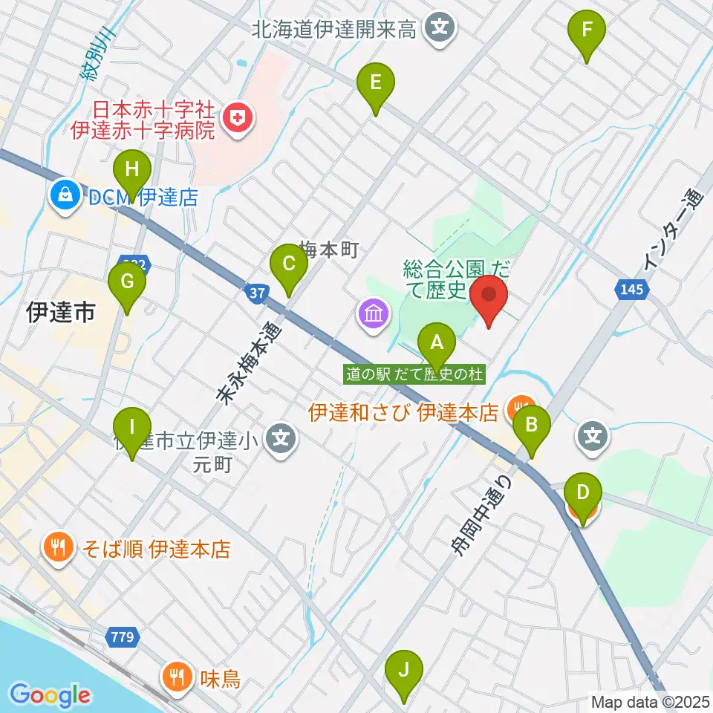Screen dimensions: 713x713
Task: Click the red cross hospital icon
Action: pos(238,117)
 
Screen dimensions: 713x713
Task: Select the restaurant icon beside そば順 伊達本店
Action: pos(58,549)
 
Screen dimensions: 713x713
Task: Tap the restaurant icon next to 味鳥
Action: pos(177,677)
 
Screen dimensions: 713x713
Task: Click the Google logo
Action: pos(50,696)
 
